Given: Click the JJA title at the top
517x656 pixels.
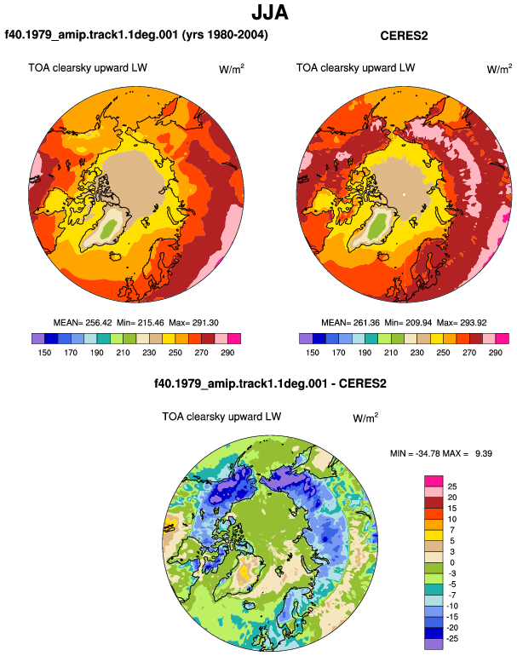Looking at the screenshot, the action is [x=270, y=13].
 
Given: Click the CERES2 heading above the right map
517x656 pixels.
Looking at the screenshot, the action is [x=404, y=36].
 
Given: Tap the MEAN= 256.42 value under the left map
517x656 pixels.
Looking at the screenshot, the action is [x=83, y=323].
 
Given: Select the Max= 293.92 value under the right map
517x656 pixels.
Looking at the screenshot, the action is [x=462, y=323].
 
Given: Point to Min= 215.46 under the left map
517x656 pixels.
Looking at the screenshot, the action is [x=141, y=323].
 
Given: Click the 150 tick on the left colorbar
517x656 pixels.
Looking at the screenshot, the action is [x=44, y=353].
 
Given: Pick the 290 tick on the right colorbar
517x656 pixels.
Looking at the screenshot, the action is [x=495, y=353].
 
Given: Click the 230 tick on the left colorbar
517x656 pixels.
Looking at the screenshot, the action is [x=149, y=353].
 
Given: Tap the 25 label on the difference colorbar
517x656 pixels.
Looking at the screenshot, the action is [x=452, y=486].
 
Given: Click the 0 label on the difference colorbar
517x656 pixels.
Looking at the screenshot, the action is [x=452, y=562].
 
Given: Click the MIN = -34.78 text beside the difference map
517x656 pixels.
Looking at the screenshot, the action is [x=416, y=453].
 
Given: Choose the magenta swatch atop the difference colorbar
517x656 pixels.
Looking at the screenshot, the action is [x=434, y=480].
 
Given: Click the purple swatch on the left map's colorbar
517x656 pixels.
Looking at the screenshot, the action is [x=38, y=338].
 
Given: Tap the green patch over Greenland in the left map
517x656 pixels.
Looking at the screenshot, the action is [x=110, y=228].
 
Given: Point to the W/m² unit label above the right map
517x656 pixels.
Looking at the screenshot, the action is [x=499, y=69].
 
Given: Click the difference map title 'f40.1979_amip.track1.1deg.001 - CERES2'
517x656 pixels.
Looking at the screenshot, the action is [x=270, y=383].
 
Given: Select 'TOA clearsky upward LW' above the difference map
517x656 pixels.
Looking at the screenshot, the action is [x=221, y=417].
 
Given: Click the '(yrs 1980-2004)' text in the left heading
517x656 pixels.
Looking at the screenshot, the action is [x=225, y=34].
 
